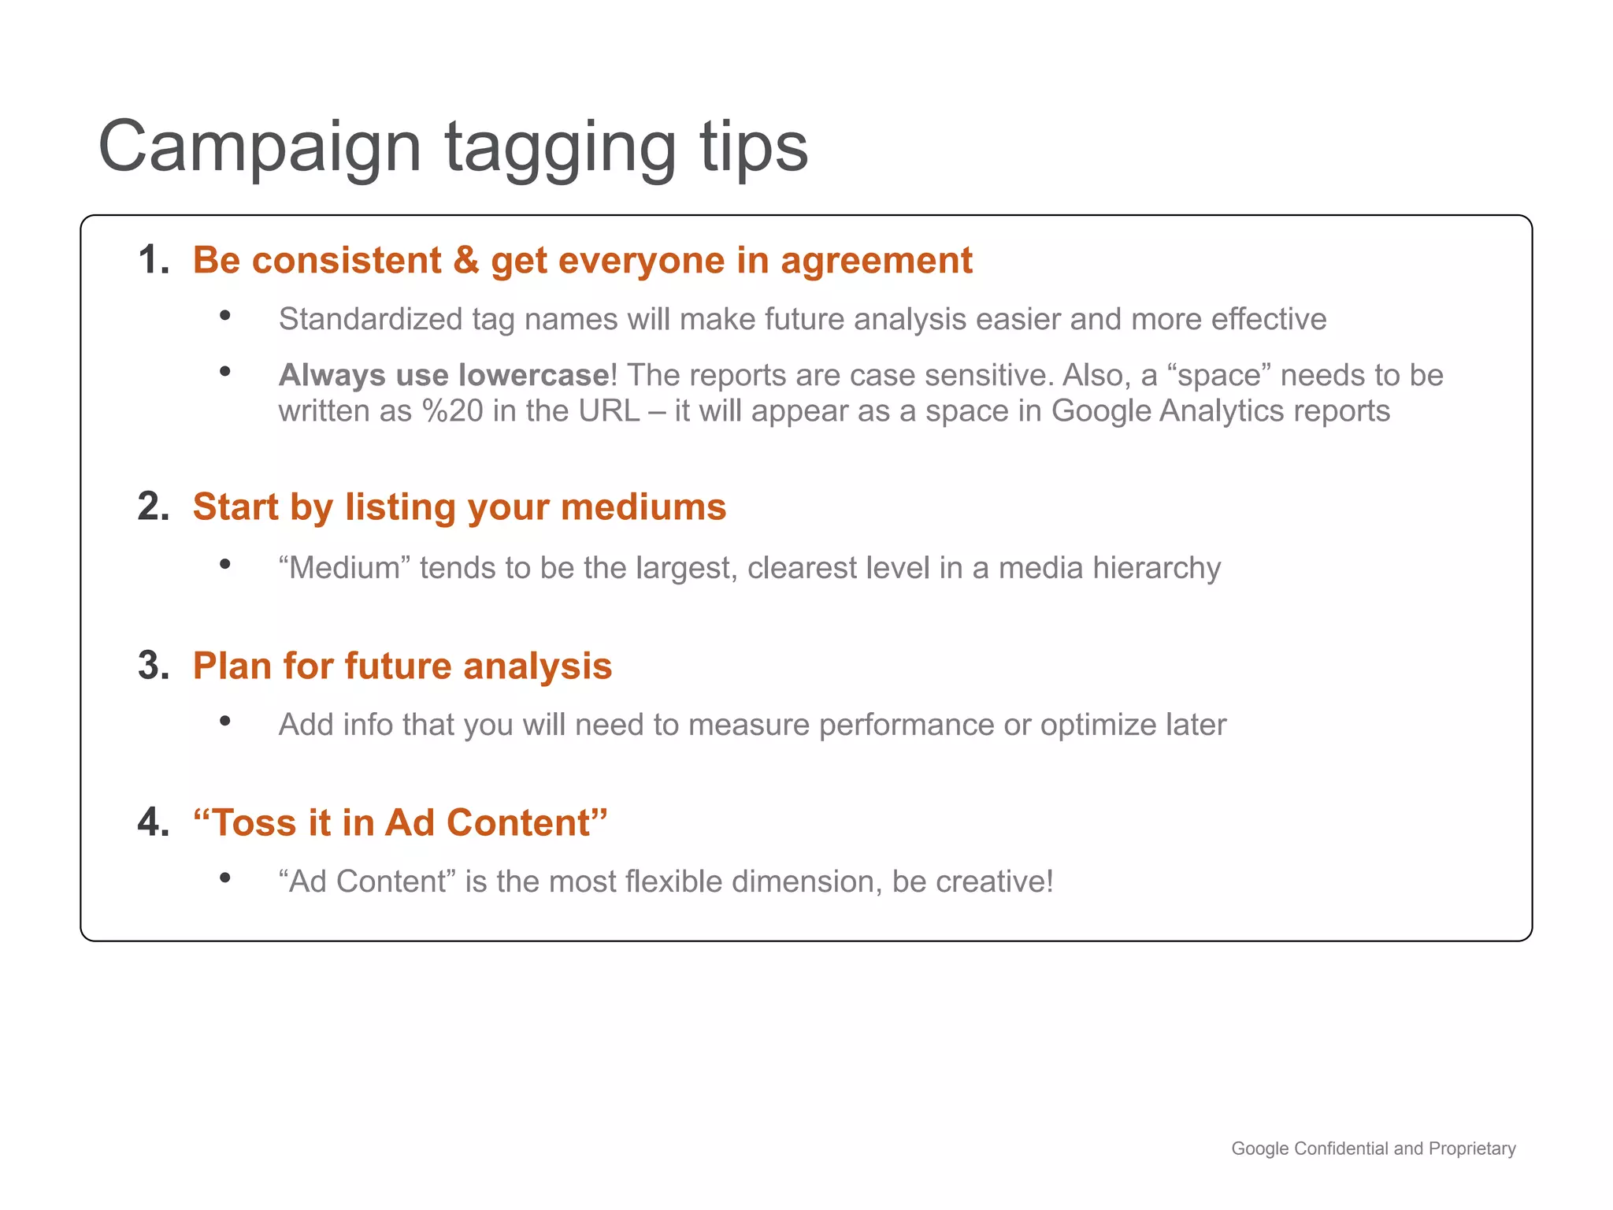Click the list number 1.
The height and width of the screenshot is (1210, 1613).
pos(152,260)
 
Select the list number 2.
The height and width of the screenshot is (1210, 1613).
pos(152,507)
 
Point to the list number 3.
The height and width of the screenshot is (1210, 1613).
pos(152,666)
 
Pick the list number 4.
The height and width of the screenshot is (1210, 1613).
pos(152,822)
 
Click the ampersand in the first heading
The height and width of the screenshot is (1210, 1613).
pos(466,260)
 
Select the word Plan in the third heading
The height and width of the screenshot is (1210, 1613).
pos(232,666)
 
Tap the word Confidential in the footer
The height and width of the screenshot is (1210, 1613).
pos(1342,1149)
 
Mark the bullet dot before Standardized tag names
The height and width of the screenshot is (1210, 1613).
pos(225,316)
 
